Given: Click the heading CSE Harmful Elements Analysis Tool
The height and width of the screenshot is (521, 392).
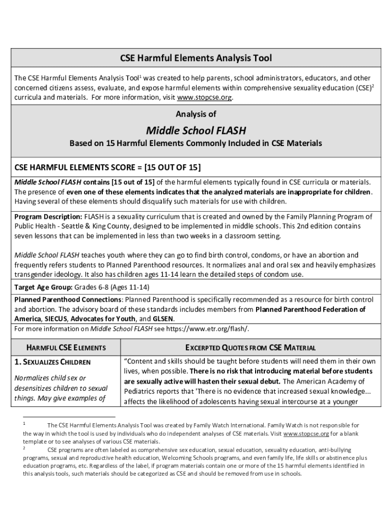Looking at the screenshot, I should [195, 58].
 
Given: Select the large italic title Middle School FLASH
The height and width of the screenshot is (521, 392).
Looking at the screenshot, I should [195, 131].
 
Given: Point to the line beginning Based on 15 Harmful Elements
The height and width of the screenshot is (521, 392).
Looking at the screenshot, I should [195, 143].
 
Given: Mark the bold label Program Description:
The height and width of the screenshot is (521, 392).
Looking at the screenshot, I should [48, 217].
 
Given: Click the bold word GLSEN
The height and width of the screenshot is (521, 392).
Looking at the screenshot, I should [163, 319].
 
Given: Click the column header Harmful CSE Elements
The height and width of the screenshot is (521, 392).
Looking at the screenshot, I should [66, 348].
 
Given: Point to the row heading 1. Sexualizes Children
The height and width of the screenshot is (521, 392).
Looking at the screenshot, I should [52, 362].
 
